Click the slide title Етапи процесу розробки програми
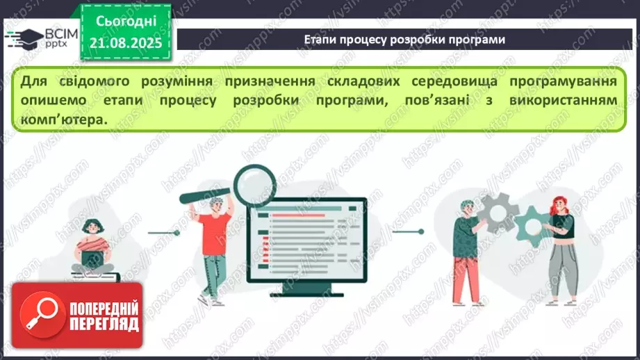coord(404,40)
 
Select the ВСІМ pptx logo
coord(42,38)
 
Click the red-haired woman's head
coord(560,205)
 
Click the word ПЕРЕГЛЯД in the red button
coord(104,325)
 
